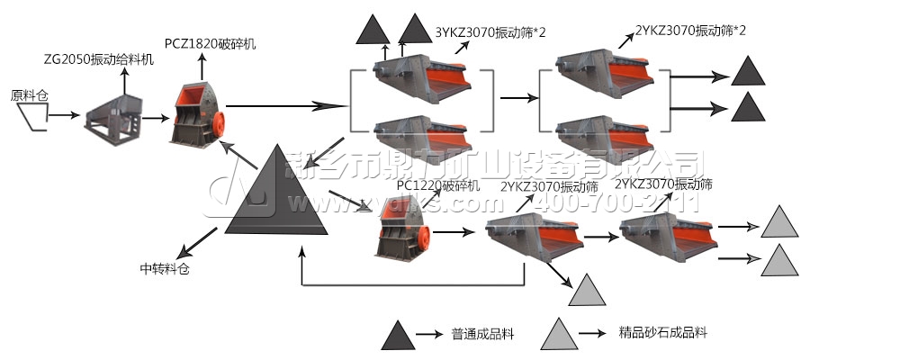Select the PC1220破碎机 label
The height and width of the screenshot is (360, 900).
tap(438, 185)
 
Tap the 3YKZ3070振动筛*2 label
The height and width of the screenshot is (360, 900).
tap(490, 31)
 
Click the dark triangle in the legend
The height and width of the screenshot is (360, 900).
tap(397, 335)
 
